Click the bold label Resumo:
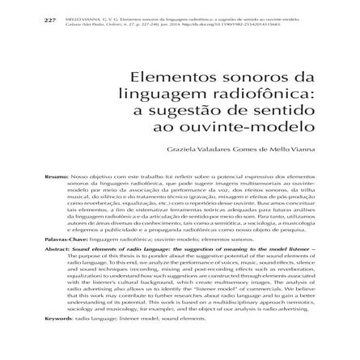click(x=57, y=175)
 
